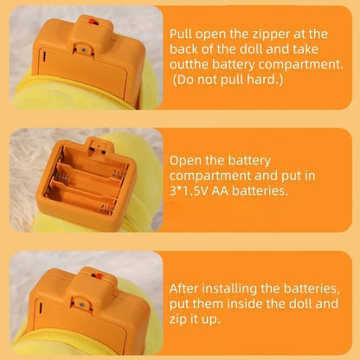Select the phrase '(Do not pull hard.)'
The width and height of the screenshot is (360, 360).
[x=228, y=80]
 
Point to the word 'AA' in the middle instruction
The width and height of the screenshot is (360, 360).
[x=220, y=190]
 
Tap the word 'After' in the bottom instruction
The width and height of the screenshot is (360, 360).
[x=183, y=288]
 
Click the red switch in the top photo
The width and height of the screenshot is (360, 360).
[x=93, y=21]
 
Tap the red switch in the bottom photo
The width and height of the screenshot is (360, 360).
[x=97, y=276]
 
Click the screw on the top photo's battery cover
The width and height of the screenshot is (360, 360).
[x=84, y=50]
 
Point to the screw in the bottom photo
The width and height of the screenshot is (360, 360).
[x=81, y=305]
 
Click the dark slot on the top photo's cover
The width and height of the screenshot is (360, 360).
[x=44, y=56]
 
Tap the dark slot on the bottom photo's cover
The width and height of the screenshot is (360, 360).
[x=40, y=308]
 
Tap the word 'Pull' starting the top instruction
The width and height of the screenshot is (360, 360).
[x=181, y=34]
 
